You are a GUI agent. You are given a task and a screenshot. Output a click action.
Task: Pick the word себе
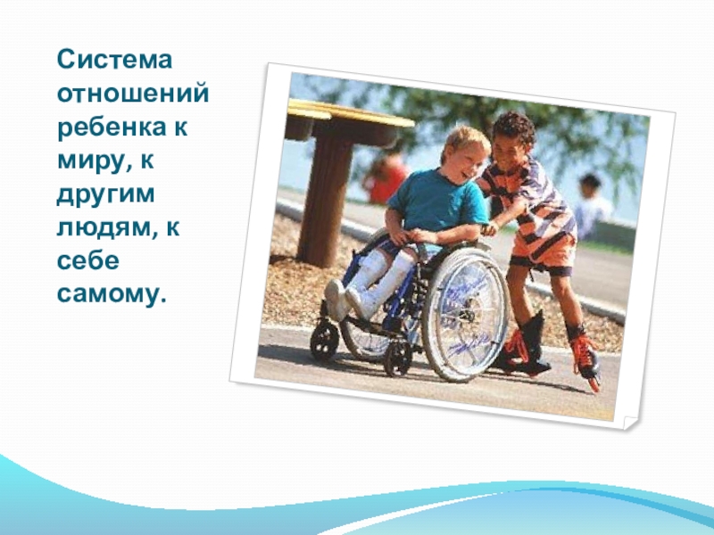tap(83, 260)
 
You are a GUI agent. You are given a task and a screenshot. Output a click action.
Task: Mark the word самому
tap(111, 293)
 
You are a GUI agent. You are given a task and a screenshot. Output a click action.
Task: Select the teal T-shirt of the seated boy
tap(438, 202)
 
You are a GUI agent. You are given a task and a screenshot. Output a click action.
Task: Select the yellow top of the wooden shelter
tap(349, 112)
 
